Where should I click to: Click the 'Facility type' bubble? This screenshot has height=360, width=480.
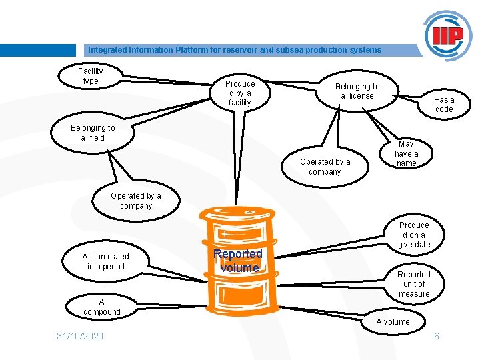click(91, 76)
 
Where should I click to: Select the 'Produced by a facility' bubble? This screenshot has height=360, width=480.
click(240, 93)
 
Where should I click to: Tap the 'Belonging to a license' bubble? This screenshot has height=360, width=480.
click(357, 91)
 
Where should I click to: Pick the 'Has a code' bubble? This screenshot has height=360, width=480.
click(444, 105)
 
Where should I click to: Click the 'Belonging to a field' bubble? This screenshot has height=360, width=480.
click(93, 133)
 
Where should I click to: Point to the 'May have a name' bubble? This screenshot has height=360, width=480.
click(406, 153)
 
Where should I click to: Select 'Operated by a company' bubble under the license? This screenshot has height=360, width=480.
click(325, 167)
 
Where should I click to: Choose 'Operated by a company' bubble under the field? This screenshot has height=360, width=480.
click(136, 201)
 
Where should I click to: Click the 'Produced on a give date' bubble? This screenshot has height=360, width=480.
click(414, 235)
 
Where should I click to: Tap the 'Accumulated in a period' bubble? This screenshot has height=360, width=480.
click(105, 261)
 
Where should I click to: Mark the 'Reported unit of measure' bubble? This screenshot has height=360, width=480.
click(414, 284)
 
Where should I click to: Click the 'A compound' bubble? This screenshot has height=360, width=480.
click(102, 307)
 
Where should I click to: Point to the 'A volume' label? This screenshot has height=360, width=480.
click(393, 322)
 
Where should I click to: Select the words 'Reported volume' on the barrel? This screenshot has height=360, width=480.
click(239, 261)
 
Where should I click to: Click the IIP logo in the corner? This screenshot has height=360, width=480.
click(447, 35)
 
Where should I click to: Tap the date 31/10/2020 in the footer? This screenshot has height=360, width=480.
click(80, 336)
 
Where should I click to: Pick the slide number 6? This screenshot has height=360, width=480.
click(437, 336)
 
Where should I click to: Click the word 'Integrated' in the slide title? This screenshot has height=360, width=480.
click(105, 50)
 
